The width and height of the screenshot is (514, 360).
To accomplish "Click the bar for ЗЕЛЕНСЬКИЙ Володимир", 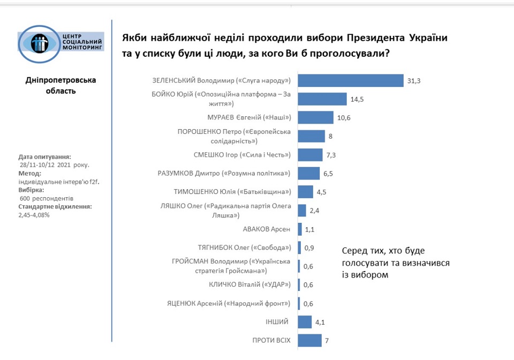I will (x=350, y=80).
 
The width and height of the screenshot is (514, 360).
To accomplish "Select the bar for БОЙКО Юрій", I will (x=322, y=99).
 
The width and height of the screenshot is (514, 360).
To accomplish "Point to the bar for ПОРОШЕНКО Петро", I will (x=311, y=136).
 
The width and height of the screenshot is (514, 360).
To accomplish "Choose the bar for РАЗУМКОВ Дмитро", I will (x=308, y=174).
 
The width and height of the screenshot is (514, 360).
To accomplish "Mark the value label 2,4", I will (x=315, y=211).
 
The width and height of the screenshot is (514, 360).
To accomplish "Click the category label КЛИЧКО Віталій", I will (x=250, y=284).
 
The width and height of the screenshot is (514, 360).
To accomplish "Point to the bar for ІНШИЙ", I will (x=305, y=322).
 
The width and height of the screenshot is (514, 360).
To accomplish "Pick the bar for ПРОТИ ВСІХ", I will (x=309, y=341).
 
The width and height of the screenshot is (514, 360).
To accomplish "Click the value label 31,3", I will (x=414, y=81).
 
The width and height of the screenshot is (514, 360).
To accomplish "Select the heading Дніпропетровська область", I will (x=61, y=85).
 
